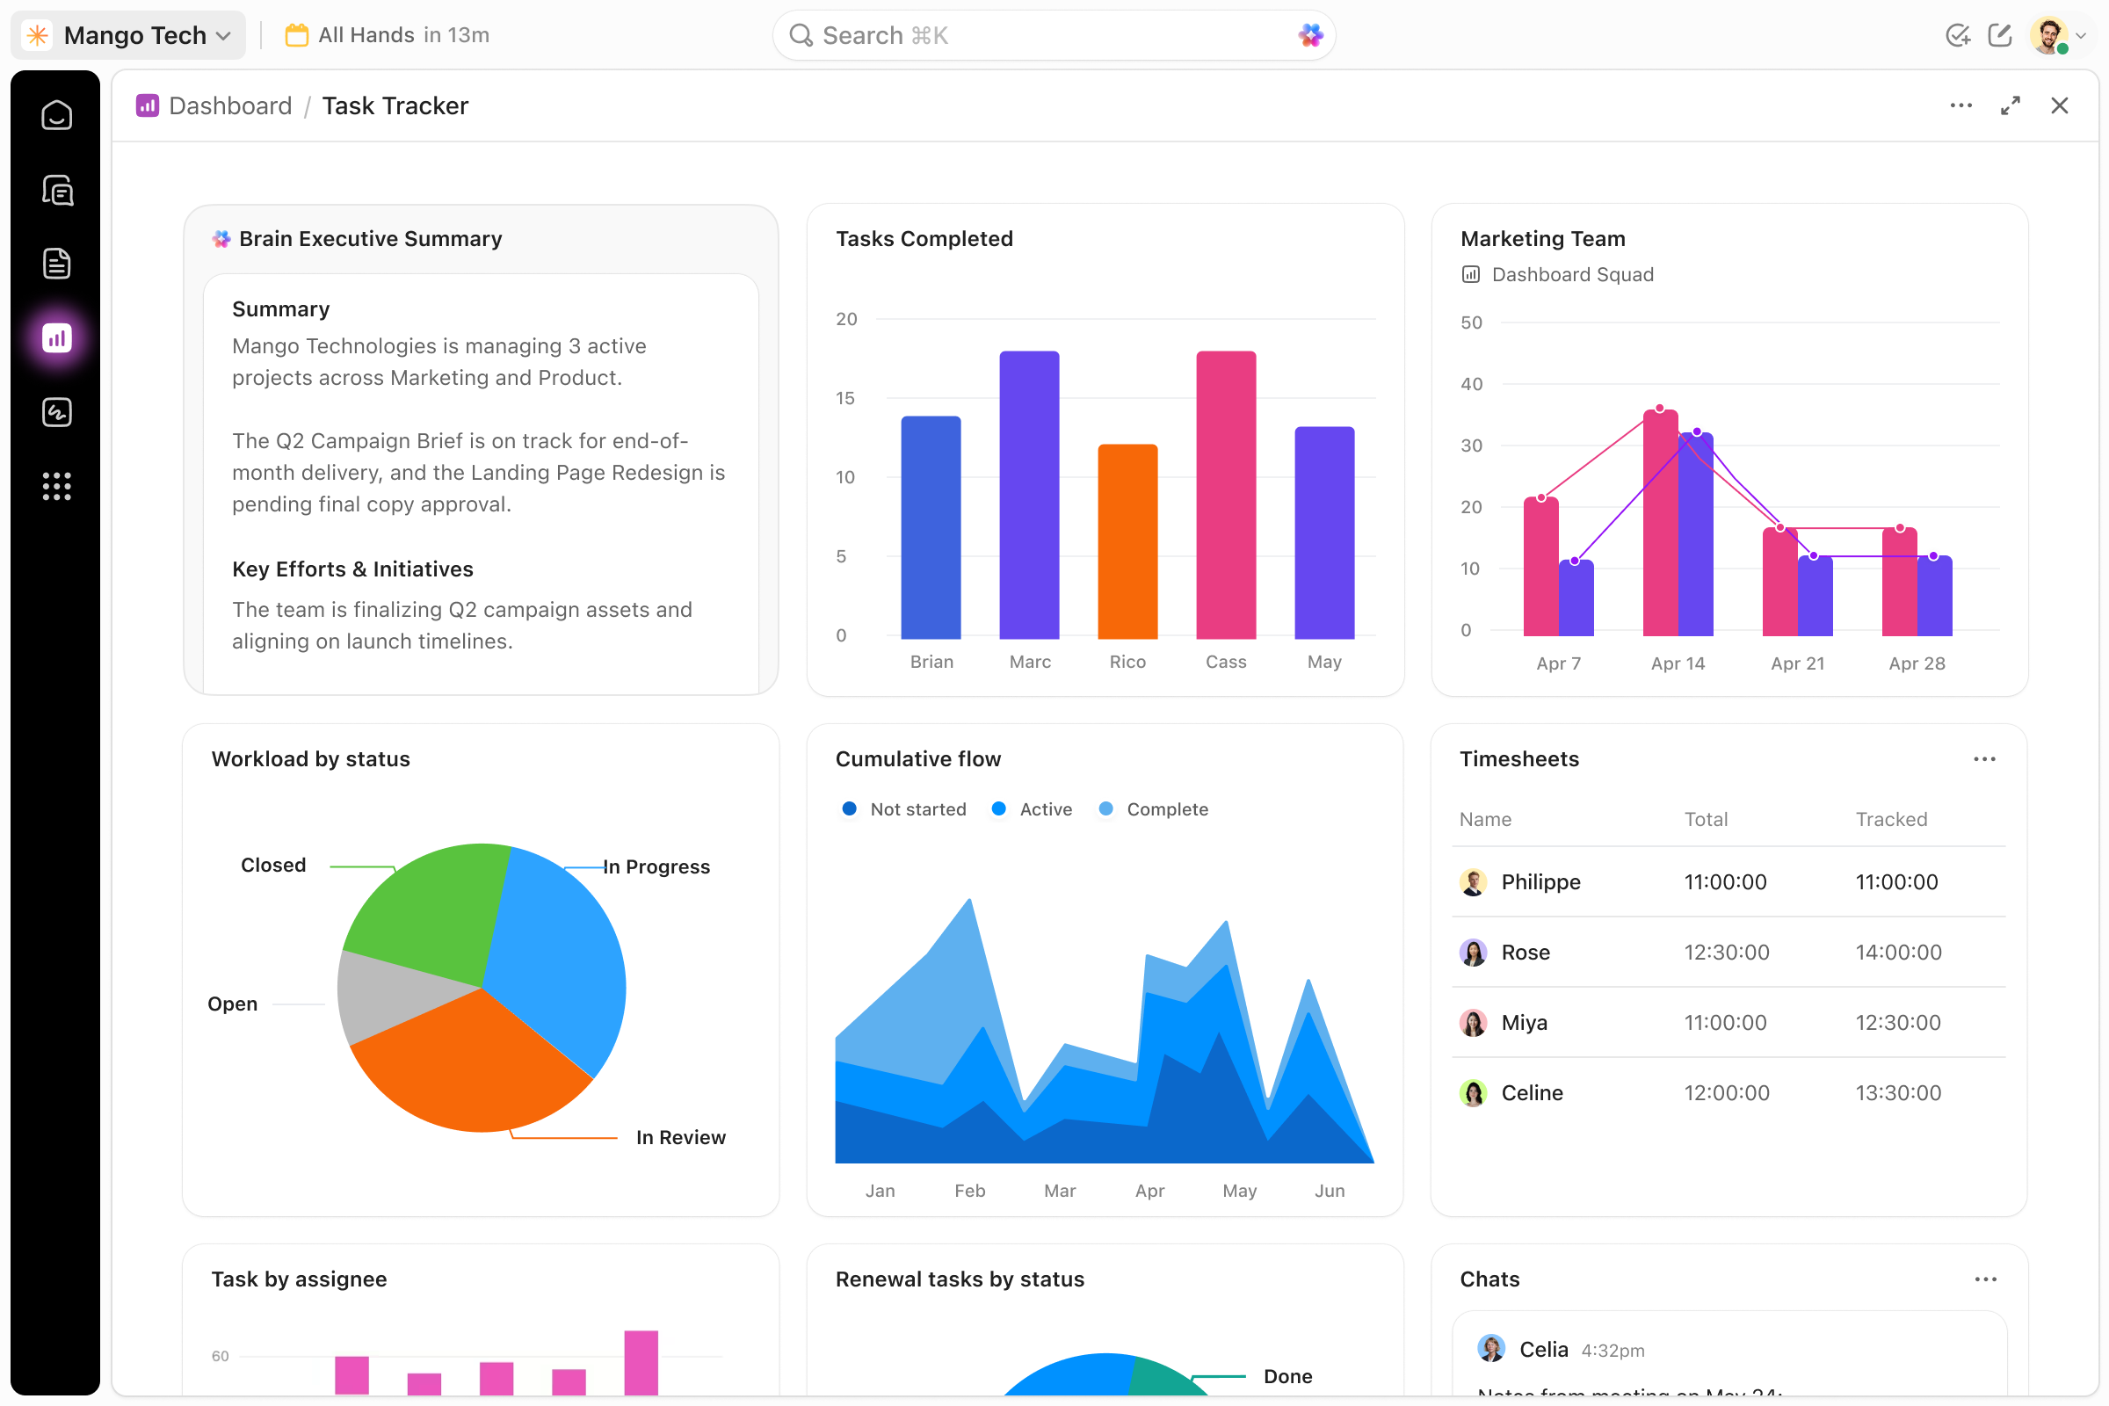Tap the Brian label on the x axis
pos(931,662)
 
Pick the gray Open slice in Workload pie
pos(386,996)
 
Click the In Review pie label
pos(680,1137)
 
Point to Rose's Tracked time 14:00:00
pos(1897,953)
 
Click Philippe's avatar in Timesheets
pos(1473,881)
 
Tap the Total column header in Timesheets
pos(1705,819)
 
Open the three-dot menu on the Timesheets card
pos(1983,759)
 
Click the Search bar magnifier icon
pos(800,36)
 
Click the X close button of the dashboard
pos(2059,105)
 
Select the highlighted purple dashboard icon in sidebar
pos(56,338)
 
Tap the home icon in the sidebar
pos(56,116)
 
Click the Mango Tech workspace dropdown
pos(129,36)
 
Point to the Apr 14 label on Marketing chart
pos(1677,663)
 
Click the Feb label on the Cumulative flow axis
pos(969,1191)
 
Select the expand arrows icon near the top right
pos(2010,105)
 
